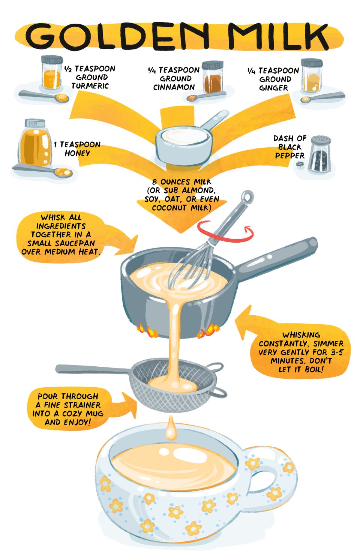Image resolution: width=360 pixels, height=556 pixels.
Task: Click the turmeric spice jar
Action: (52, 72)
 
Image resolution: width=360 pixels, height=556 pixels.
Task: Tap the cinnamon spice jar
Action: (212, 77)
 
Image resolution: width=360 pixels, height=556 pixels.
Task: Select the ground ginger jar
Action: (312, 75)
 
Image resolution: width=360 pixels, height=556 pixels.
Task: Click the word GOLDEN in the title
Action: (117, 36)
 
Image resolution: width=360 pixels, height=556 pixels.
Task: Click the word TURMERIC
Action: (90, 86)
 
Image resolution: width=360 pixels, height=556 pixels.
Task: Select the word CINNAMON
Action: (174, 87)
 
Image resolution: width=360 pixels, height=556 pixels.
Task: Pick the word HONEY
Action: (77, 153)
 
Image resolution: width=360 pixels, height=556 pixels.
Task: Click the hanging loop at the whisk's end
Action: (247, 197)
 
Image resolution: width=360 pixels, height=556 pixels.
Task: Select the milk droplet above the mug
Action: (171, 429)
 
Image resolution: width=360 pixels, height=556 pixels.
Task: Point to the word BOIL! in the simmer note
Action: (314, 370)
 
